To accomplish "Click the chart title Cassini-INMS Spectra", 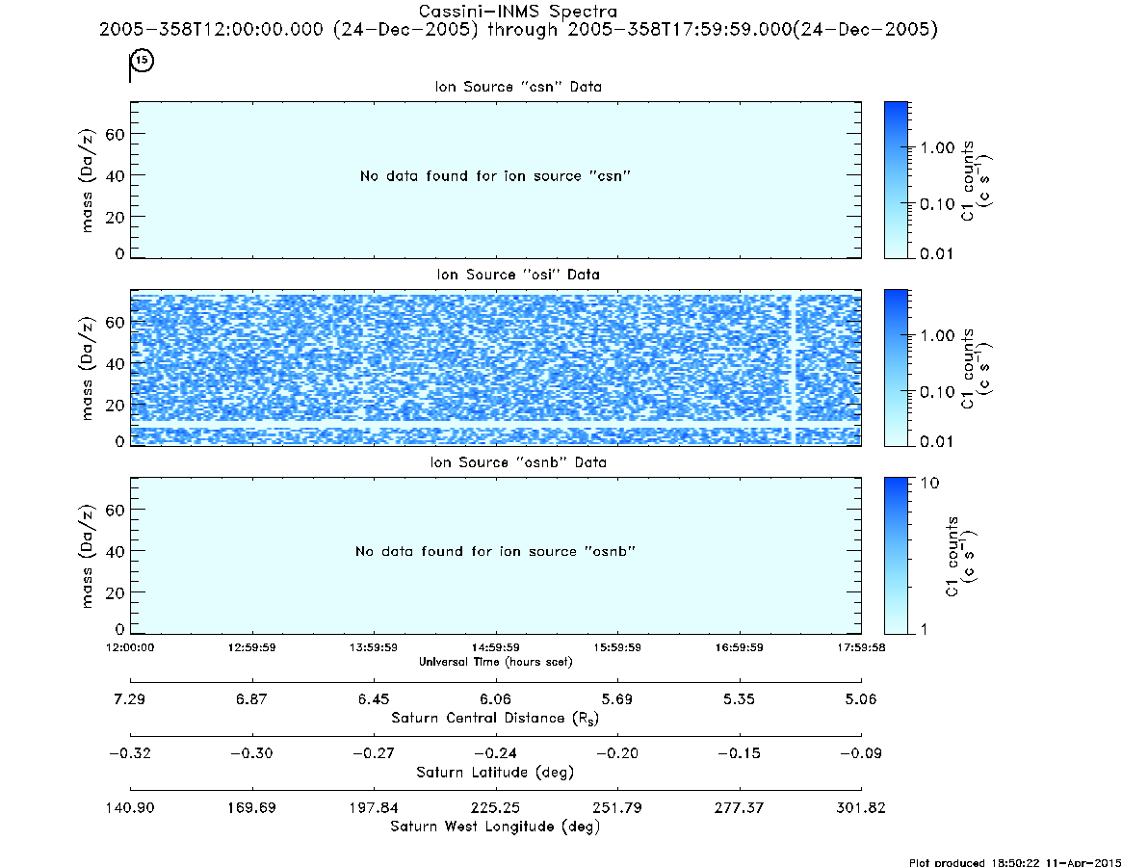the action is [x=517, y=12].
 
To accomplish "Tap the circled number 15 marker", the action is [x=143, y=60].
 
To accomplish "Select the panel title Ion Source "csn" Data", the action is [x=518, y=87].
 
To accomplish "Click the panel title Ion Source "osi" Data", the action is [x=518, y=275].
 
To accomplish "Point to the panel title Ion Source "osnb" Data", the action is [x=518, y=462].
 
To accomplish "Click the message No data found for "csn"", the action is [x=495, y=176].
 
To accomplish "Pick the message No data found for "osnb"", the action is [x=495, y=551].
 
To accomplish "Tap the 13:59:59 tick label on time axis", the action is [x=374, y=647].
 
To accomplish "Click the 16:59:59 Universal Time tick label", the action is [x=740, y=647].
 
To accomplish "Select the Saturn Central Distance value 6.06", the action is [x=495, y=698].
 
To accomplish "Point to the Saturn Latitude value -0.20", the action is [x=616, y=753].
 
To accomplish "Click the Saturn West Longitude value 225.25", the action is [x=495, y=807].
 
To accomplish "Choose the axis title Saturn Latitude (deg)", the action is [x=495, y=773].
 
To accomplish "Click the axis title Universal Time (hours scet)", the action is [x=495, y=662].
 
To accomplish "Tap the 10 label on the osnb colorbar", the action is [x=929, y=483].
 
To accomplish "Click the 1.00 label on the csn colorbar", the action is [x=937, y=148].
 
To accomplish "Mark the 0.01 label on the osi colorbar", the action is [x=937, y=441].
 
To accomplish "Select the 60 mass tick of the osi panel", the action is [x=115, y=322].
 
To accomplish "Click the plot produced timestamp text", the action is [x=1015, y=862].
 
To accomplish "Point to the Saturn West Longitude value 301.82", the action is [x=861, y=807].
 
